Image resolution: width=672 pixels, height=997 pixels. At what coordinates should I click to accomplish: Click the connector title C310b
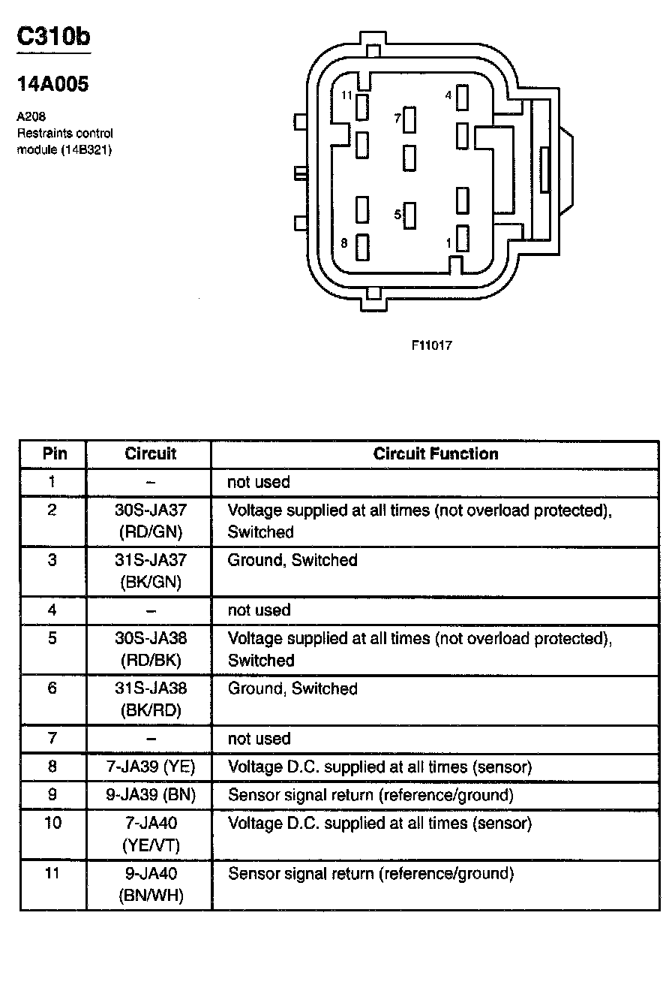tap(53, 38)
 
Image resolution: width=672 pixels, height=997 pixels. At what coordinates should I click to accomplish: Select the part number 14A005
tap(52, 85)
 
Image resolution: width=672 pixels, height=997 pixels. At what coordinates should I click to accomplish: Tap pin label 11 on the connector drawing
tap(346, 95)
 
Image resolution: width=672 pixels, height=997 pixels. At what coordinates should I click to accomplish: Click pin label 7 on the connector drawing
tap(398, 119)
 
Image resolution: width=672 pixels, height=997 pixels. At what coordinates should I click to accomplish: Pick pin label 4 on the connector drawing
tap(448, 95)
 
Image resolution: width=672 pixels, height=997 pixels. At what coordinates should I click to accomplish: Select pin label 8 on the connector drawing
tap(344, 242)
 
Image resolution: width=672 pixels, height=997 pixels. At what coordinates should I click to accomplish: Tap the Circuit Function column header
tap(436, 454)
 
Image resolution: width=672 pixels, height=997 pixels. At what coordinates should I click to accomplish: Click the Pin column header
tap(54, 454)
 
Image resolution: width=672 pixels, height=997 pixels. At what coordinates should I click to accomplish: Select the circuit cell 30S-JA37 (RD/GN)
tap(151, 521)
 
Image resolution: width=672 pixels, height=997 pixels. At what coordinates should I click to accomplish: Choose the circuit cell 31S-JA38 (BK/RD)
tap(151, 699)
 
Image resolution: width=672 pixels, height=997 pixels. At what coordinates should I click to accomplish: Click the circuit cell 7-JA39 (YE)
tap(151, 767)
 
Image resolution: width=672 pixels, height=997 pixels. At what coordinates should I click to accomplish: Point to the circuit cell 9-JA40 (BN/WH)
tap(151, 884)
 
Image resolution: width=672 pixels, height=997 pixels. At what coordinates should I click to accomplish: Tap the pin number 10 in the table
tap(52, 824)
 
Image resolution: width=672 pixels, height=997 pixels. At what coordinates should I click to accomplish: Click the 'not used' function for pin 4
tap(259, 610)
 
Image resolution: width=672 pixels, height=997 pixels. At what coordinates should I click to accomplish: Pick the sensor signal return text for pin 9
tap(370, 795)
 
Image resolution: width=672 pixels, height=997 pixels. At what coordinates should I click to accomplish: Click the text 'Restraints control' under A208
tap(64, 133)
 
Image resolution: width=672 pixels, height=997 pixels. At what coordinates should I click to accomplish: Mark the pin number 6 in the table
tap(52, 688)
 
